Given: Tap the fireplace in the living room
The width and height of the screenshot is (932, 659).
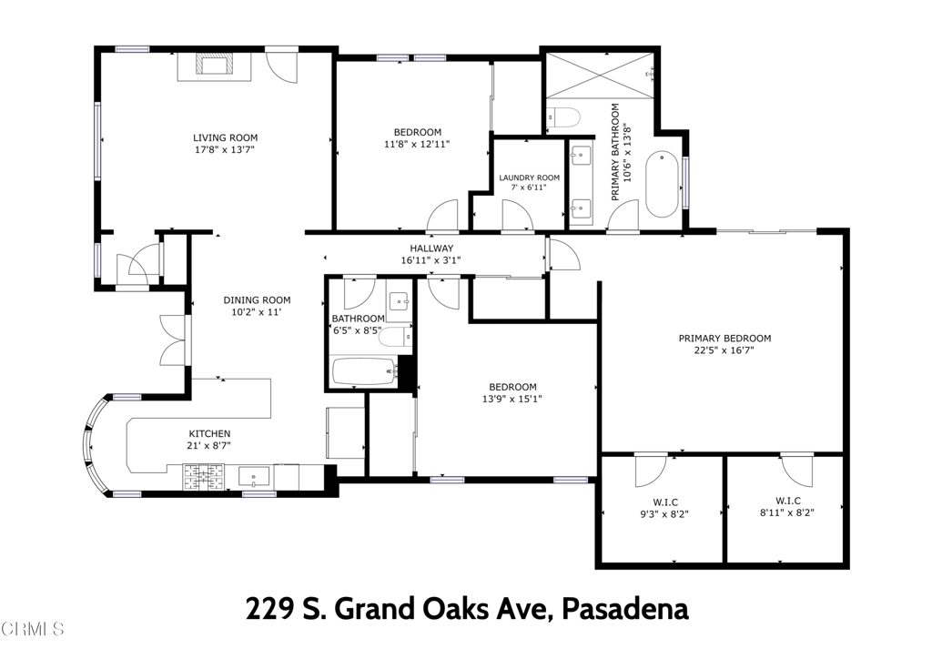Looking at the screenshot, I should [213, 66].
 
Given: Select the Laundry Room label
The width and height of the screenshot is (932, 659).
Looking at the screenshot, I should [529, 177].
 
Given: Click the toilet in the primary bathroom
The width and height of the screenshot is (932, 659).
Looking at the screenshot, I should [563, 118].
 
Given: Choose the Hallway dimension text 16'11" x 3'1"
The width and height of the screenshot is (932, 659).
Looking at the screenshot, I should [431, 260].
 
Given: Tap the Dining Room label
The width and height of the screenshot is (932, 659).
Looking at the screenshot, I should [257, 300].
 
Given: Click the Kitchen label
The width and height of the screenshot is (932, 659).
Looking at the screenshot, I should [209, 433].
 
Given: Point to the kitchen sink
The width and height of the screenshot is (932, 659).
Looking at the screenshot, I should [254, 475].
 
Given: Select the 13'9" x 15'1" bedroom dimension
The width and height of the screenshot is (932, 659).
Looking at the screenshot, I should [512, 399].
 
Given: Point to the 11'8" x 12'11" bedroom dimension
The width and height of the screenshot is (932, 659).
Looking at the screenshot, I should [417, 144].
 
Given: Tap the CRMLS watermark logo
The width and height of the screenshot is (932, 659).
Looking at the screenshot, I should [33, 628].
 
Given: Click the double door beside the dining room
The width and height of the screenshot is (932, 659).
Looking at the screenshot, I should [174, 340].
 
